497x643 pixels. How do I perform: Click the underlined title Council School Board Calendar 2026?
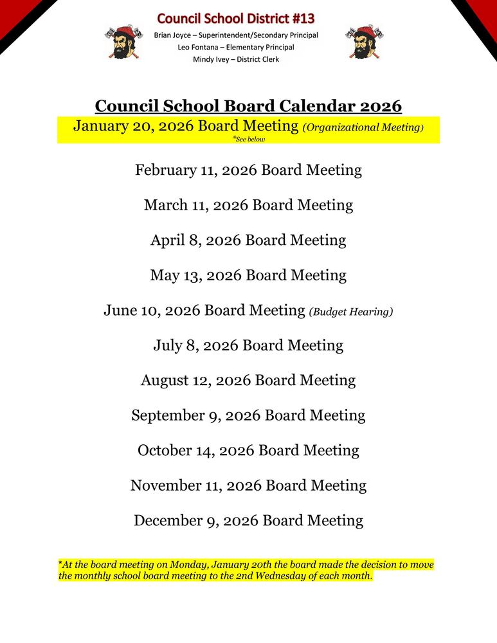pos(248,105)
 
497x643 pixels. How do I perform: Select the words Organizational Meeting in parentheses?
pos(363,127)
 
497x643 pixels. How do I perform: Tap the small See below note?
pos(249,139)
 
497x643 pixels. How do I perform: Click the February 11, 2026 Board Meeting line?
pos(248,170)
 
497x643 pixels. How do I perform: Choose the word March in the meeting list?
pos(163,205)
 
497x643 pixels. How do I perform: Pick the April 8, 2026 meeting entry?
pos(248,240)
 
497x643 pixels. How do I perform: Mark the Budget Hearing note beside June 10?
pos(350,312)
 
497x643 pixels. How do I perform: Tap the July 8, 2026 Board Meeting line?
pos(248,345)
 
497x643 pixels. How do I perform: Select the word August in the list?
pos(165,380)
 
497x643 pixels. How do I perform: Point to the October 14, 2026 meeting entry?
pos(248,450)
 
